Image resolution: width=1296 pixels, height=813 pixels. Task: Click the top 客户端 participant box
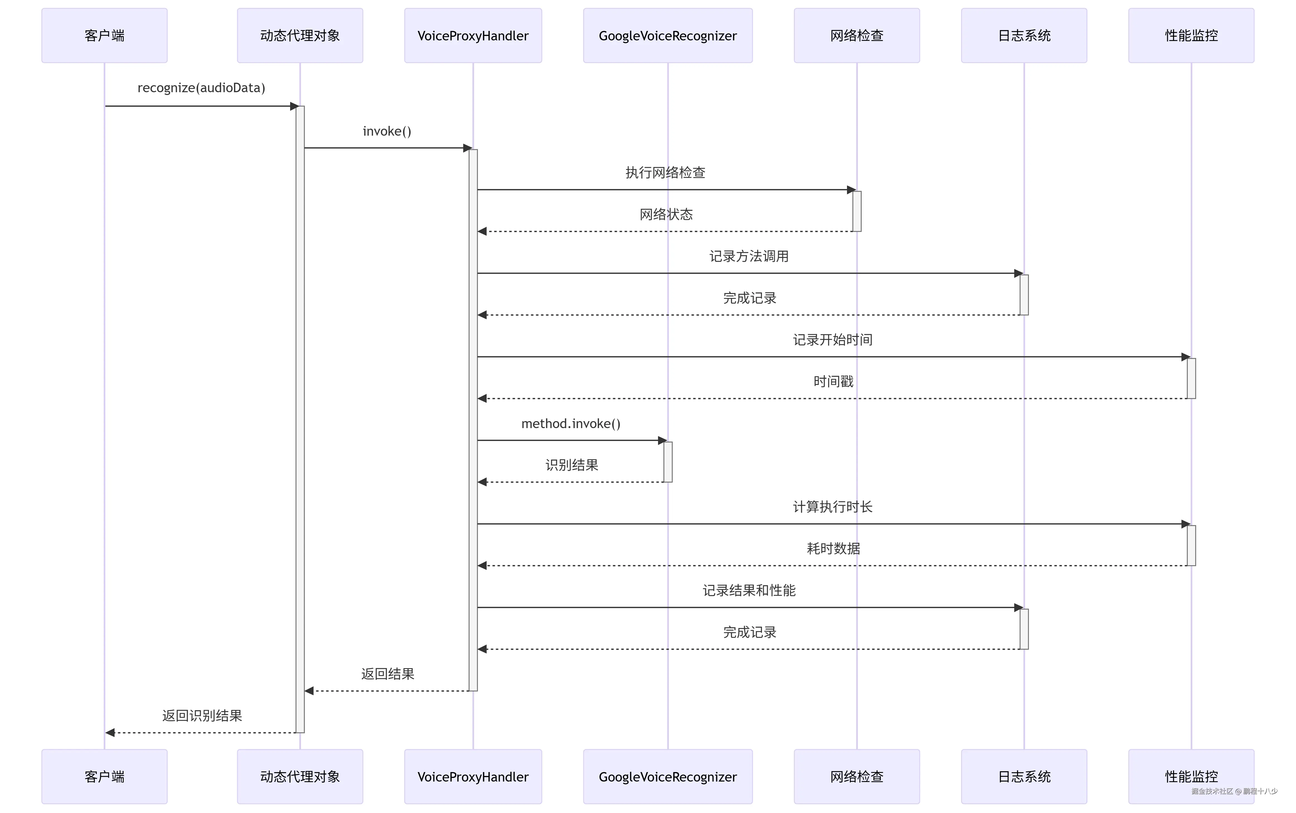(x=104, y=35)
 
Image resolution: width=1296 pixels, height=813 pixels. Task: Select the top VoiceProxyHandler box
(x=473, y=35)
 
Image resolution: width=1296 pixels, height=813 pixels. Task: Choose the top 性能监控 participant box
(x=1191, y=35)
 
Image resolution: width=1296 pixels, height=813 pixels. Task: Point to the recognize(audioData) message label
(x=201, y=88)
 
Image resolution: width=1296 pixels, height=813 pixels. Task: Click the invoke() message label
(x=387, y=131)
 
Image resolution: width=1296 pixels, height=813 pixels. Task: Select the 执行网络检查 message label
(x=666, y=173)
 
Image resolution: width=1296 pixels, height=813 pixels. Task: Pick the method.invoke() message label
(x=571, y=424)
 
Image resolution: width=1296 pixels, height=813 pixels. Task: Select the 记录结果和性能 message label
(x=749, y=590)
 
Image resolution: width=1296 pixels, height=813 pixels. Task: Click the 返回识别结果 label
(x=202, y=716)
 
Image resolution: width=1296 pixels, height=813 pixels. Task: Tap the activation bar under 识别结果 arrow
(x=668, y=462)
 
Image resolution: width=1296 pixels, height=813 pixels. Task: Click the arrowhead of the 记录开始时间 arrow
(x=1185, y=357)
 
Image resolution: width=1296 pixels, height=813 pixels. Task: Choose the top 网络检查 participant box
(x=856, y=35)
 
